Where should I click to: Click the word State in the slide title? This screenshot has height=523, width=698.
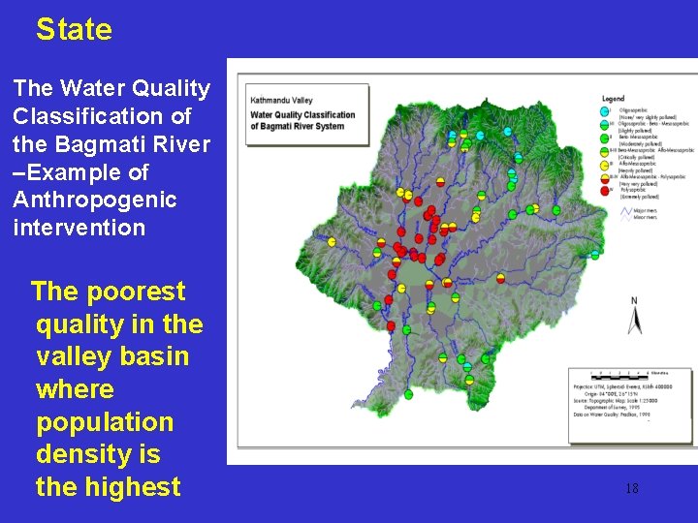74,30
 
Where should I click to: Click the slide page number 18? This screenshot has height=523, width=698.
631,488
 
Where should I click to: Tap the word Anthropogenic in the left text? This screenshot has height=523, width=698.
95,200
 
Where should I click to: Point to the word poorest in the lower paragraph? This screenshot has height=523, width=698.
136,292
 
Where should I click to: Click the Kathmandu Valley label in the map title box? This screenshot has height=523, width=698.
280,100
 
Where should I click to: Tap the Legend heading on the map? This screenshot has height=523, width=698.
613,99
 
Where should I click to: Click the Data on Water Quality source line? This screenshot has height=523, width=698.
616,414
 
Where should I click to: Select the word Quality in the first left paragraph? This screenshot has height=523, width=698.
170,88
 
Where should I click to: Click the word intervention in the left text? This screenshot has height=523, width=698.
79,229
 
